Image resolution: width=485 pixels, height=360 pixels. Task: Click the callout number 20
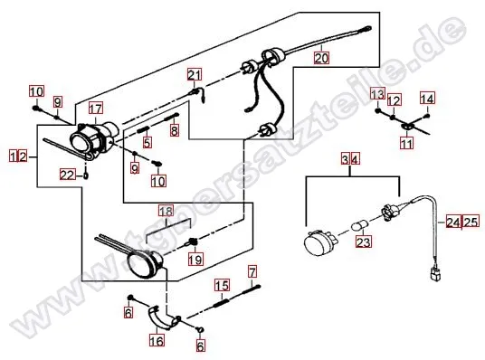pos(321,58)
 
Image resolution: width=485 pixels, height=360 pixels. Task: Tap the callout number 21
pos(195,74)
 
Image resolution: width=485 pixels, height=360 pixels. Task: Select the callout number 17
pos(96,109)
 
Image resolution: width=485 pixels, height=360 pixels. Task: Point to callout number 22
pos(68,175)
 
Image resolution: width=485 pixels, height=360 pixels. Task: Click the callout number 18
pos(166,212)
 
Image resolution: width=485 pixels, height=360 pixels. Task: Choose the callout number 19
pos(195,260)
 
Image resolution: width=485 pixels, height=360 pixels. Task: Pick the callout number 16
pos(157,340)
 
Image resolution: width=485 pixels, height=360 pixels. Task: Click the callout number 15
pos(222,285)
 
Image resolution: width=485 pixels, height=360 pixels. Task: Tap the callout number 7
pos(252,272)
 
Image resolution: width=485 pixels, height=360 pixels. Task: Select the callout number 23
pos(364,242)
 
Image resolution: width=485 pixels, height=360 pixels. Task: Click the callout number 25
pos(471,222)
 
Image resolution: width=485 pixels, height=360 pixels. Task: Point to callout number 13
pos(377,94)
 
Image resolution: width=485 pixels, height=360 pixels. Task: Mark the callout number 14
pos(427,99)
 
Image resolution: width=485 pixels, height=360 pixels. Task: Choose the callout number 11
pos(406,143)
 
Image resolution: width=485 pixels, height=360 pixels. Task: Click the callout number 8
pos(175,130)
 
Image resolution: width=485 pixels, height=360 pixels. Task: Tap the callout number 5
pos(147,142)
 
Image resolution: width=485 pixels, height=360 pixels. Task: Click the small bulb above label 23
pos(360,225)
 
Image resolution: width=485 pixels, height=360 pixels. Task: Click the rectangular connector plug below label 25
pos(434,275)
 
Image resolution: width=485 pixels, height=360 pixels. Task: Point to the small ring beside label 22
pos(86,176)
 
